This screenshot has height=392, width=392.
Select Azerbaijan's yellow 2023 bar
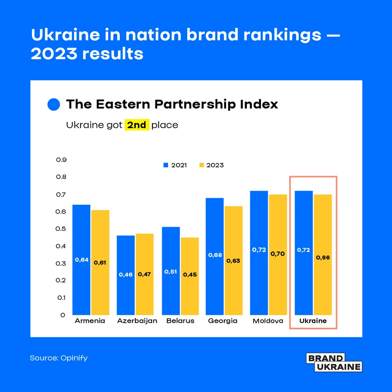144,274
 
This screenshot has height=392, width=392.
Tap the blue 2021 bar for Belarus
170,270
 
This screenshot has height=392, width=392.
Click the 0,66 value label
323,257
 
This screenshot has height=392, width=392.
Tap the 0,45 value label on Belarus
190,274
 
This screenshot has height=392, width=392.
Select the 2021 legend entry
175,165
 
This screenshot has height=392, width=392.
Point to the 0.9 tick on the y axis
61,160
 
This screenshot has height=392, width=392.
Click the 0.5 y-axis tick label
61,229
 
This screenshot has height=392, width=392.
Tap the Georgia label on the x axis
223,321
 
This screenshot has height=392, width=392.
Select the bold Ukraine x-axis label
313,321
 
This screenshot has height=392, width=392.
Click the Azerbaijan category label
137,321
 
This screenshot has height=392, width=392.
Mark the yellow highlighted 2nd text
137,125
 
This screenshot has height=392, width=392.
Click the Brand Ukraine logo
334,362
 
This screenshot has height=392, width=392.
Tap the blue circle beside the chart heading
53,105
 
